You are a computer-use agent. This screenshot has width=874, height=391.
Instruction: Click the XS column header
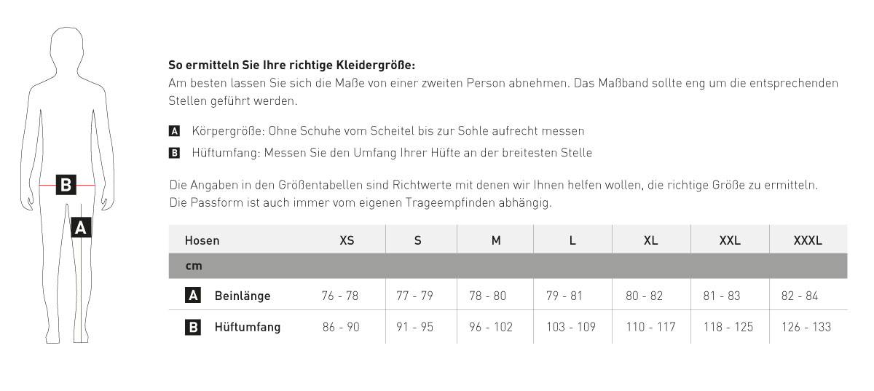tap(347, 240)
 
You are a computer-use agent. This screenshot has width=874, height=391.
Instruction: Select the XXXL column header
tap(808, 240)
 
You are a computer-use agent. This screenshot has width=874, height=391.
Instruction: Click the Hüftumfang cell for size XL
tap(651, 328)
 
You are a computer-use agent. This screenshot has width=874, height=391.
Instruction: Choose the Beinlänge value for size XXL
tap(722, 296)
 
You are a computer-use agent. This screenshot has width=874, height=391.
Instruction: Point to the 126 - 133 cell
tap(806, 328)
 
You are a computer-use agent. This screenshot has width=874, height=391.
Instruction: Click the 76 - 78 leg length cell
tap(340, 296)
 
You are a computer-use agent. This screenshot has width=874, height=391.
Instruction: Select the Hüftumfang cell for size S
tap(414, 328)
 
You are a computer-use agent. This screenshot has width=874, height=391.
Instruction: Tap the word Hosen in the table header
tap(202, 240)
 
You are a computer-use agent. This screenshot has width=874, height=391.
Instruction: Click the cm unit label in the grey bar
tap(193, 266)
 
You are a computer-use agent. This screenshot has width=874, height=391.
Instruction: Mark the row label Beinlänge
tap(243, 296)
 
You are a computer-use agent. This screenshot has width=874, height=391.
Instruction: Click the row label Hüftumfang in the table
tap(248, 328)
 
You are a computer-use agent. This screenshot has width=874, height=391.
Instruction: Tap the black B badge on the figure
tap(66, 185)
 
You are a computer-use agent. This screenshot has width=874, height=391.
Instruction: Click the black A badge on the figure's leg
tap(81, 228)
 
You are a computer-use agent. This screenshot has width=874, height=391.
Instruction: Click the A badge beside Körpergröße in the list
tap(174, 132)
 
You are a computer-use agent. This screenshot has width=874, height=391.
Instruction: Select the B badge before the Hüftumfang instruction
tap(174, 153)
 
